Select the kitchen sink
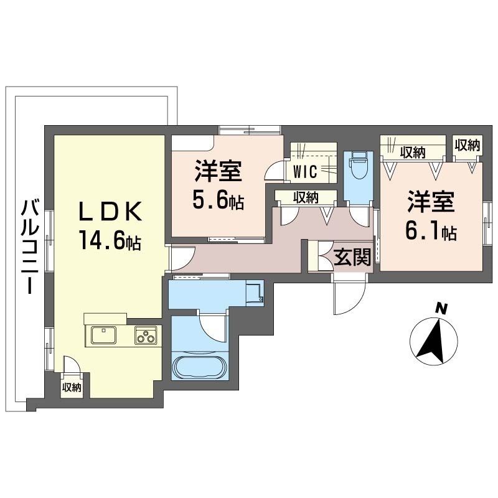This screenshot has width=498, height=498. coord(103,336)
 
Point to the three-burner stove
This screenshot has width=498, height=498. coord(148,336)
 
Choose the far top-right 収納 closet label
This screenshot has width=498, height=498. coord(467,146)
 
